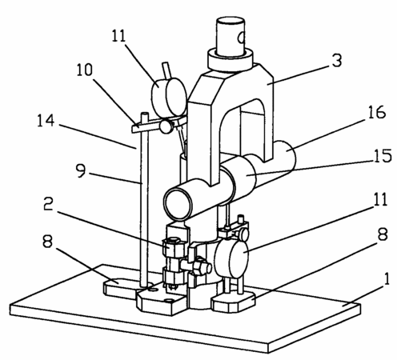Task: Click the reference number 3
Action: (337, 61)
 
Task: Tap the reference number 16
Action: (377, 112)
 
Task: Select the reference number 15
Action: (383, 156)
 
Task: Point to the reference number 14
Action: (46, 120)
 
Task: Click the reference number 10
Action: (85, 70)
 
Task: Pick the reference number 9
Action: (81, 170)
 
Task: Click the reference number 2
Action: (48, 204)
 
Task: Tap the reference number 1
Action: (387, 279)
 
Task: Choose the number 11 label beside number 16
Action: (380, 199)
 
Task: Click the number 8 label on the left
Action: (47, 242)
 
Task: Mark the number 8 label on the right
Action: (383, 234)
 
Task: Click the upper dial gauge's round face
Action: (176, 97)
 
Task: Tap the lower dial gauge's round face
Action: (239, 261)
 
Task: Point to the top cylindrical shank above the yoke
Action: (230, 37)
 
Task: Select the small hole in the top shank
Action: (242, 38)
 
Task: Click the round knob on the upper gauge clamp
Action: (166, 126)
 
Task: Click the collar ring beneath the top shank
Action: (230, 61)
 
